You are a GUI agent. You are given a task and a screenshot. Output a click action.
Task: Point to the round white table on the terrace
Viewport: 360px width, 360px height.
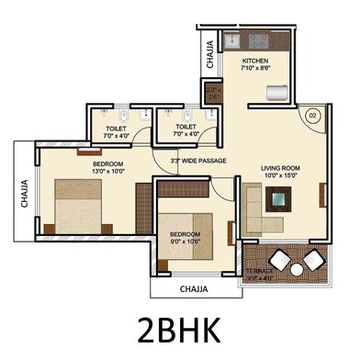click(297, 270)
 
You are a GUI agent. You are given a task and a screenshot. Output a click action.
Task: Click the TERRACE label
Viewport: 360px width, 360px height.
click(261, 272)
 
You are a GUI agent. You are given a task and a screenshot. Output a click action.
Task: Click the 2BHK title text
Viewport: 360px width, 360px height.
click(179, 328)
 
